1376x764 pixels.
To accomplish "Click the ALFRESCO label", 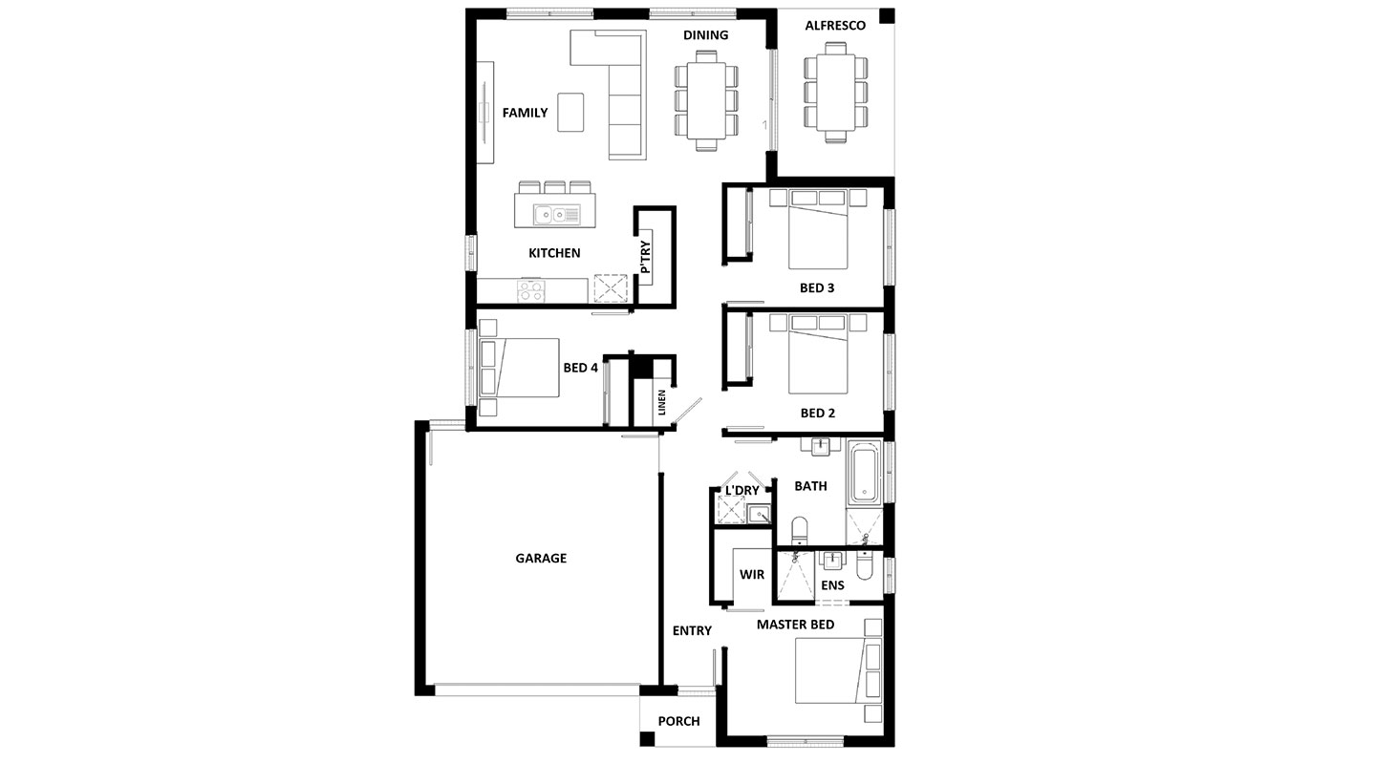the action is tap(835, 25).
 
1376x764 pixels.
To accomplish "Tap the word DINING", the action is tap(706, 35).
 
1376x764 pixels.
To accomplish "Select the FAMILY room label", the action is tap(525, 113).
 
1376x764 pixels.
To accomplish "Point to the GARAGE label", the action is tap(541, 558).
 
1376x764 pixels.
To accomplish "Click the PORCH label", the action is tap(678, 721).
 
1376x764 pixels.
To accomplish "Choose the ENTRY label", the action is tap(692, 630).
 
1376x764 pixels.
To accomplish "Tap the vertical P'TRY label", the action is tap(645, 257).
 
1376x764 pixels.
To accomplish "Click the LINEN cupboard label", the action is tap(661, 402).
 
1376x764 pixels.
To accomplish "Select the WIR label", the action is tap(752, 574).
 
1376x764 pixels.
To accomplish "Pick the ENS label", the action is tap(832, 585).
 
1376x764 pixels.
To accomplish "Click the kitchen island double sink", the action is tap(556, 215).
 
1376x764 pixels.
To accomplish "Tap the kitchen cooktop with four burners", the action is tap(530, 291).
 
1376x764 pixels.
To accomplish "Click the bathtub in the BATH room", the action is tap(864, 474).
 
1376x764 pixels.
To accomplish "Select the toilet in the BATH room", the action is tap(799, 531).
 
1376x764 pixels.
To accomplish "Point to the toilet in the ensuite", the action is tap(864, 565).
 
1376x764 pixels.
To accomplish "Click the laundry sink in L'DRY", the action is tap(760, 514).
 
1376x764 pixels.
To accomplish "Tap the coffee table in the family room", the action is tap(570, 112).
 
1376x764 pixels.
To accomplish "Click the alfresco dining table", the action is tap(835, 92).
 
